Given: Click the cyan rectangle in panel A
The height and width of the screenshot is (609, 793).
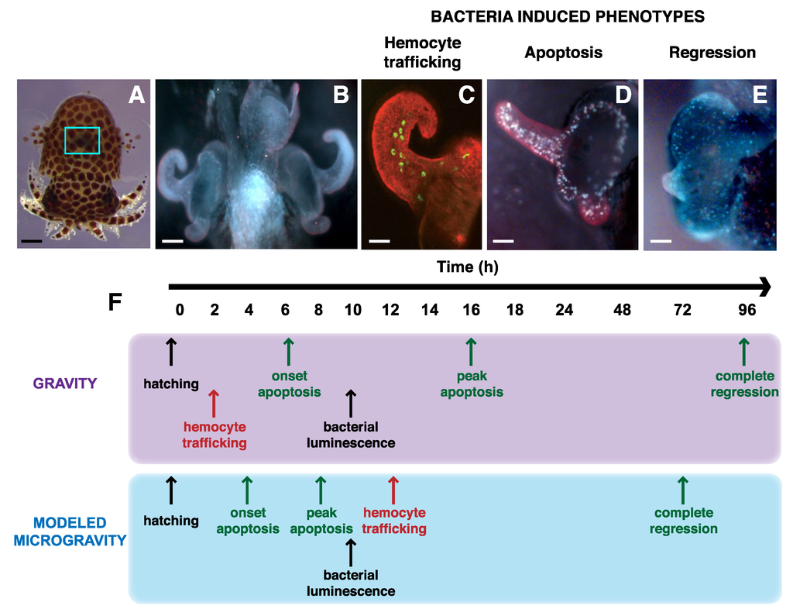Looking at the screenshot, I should click(83, 140).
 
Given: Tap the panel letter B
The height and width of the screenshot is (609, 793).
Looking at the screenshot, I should click(340, 96).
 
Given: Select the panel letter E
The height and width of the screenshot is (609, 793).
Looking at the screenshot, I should click(760, 95).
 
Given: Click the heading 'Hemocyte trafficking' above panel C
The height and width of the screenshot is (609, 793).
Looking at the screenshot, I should click(422, 52).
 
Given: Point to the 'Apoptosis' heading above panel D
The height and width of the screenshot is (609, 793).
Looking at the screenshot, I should click(563, 53).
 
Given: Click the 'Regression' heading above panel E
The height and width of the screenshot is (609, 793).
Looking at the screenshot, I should click(712, 53).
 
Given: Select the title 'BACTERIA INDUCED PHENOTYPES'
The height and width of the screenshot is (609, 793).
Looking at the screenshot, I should click(568, 16).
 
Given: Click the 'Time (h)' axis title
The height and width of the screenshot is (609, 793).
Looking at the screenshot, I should click(465, 267).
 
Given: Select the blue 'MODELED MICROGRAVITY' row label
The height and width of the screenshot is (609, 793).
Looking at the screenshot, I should click(70, 532).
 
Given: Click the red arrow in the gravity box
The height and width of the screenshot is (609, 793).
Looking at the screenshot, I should click(215, 403).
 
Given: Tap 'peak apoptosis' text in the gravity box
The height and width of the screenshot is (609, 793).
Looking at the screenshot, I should click(472, 384).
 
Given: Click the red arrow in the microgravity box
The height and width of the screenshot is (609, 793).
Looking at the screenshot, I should click(393, 490).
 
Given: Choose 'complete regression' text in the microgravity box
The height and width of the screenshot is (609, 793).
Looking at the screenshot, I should click(683, 521).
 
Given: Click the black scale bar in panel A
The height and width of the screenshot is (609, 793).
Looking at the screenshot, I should click(32, 241).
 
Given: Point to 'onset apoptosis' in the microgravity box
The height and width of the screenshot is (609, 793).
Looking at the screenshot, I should click(247, 521).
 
